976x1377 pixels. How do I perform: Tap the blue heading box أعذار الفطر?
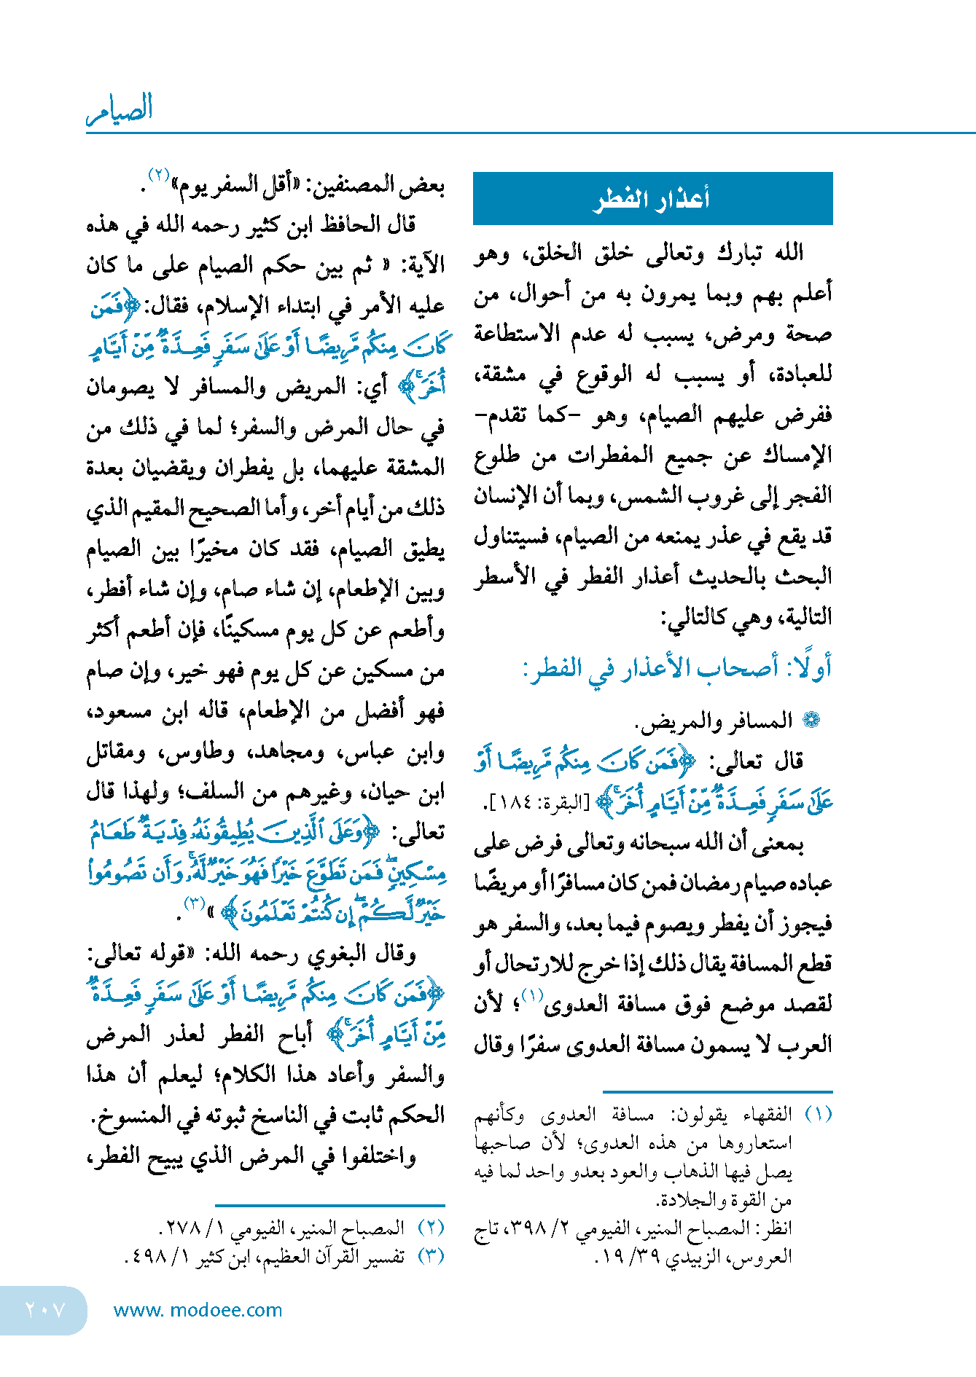coord(652,198)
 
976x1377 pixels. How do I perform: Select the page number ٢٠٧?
coord(45,1310)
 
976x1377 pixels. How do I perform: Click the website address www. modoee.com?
coord(198,1310)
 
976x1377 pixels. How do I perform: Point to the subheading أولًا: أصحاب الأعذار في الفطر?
coord(677,668)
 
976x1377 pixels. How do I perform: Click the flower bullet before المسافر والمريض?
coord(811,721)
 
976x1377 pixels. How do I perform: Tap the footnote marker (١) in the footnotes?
coord(818,1115)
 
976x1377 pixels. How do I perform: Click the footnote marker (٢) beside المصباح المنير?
coord(431,1228)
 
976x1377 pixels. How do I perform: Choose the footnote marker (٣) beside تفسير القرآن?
coord(431,1255)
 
